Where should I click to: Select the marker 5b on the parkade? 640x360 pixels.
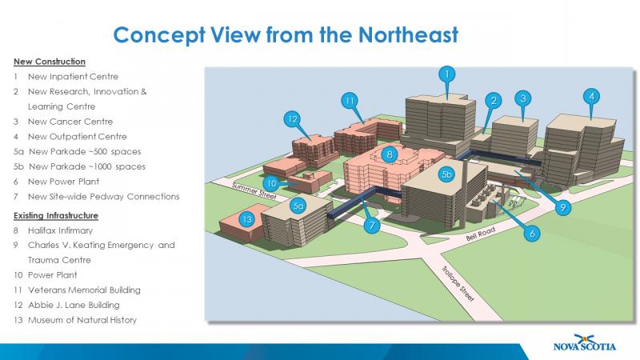(447, 173)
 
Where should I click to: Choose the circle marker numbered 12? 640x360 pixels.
(293, 119)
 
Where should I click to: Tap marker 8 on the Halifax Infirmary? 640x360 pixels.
(389, 153)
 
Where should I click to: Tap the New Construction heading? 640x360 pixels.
(49, 62)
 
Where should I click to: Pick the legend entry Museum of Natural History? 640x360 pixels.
(82, 320)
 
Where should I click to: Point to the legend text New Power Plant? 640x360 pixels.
(67, 182)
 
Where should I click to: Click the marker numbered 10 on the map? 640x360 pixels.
(272, 182)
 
